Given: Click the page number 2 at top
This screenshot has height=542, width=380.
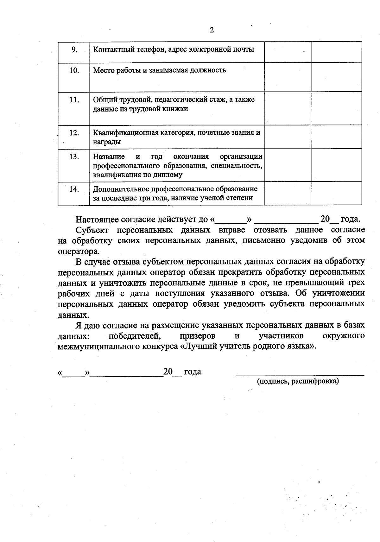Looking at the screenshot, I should click(212, 30).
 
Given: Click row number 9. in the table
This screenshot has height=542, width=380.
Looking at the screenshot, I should click(74, 49).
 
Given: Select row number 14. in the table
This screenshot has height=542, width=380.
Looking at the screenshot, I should click(74, 189).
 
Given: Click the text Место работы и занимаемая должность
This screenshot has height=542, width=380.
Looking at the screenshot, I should click(159, 70).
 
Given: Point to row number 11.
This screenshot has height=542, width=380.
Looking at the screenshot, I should click(74, 100).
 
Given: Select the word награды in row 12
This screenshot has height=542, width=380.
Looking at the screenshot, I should click(107, 142).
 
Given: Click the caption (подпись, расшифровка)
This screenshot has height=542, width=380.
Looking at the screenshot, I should click(298, 381).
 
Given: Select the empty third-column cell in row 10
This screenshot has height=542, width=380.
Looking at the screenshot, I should click(288, 77).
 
